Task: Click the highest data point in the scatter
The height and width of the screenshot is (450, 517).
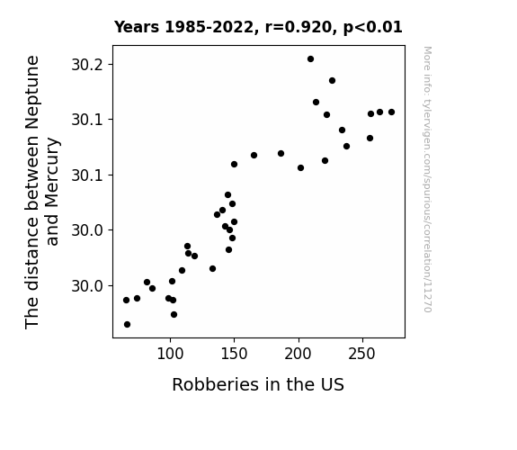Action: pyautogui.click(x=310, y=59)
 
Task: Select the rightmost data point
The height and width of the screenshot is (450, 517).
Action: pyautogui.click(x=391, y=112)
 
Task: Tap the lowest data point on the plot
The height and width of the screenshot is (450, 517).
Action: pyautogui.click(x=127, y=325)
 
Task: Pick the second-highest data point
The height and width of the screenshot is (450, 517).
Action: pyautogui.click(x=332, y=81)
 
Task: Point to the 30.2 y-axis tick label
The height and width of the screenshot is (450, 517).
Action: pyautogui.click(x=87, y=65)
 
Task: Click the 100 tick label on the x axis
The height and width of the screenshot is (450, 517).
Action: pyautogui.click(x=170, y=354)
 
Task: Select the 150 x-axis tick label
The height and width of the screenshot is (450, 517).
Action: pyautogui.click(x=234, y=354)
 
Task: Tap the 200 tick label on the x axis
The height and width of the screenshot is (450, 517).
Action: pyautogui.click(x=299, y=354)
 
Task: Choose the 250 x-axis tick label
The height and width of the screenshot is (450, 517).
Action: pyautogui.click(x=362, y=354)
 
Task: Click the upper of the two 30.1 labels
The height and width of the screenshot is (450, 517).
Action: pyautogui.click(x=87, y=120)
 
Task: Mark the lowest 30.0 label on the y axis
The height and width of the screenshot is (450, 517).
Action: pyautogui.click(x=87, y=286)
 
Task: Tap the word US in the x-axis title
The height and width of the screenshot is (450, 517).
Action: pyautogui.click(x=334, y=384)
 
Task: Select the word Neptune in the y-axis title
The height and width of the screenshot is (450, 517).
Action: pyautogui.click(x=32, y=93)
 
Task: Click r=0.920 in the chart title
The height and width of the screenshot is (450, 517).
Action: pyautogui.click(x=299, y=27)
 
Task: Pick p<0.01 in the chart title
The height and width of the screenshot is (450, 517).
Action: pyautogui.click(x=373, y=28)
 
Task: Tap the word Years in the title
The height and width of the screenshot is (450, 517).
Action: pyautogui.click(x=137, y=27)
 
